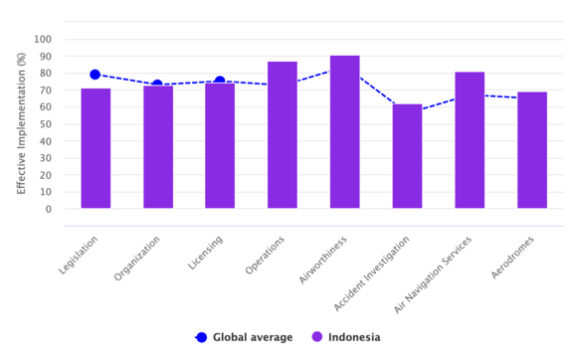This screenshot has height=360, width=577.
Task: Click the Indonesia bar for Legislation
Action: tap(96, 148)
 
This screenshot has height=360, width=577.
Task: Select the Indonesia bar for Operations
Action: tap(283, 135)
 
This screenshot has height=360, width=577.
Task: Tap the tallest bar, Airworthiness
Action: tap(345, 132)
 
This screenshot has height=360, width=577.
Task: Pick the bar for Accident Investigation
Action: tap(407, 156)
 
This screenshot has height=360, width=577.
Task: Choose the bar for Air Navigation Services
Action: tap(470, 140)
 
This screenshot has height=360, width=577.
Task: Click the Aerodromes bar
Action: tap(532, 150)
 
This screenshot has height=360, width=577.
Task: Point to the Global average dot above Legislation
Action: tap(95, 75)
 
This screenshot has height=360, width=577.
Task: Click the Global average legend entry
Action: tap(244, 337)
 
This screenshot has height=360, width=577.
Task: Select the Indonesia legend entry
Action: tap(346, 337)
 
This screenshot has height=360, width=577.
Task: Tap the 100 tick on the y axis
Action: tap(43, 40)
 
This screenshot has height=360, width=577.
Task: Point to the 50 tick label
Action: tap(45, 124)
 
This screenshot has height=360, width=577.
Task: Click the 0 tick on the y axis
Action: tap(49, 209)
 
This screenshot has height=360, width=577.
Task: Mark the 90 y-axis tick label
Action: tap(45, 57)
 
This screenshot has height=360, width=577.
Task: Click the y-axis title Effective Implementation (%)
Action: tap(21, 123)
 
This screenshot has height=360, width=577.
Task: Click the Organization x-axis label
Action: tap(137, 259)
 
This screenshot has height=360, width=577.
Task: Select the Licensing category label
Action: tap(205, 253)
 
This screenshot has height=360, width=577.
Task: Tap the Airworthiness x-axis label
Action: tap(322, 260)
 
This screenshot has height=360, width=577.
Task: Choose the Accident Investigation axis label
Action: tap(371, 273)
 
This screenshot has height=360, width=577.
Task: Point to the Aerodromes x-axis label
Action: tap(512, 258)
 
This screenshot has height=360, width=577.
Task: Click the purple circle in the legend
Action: tap(316, 337)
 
